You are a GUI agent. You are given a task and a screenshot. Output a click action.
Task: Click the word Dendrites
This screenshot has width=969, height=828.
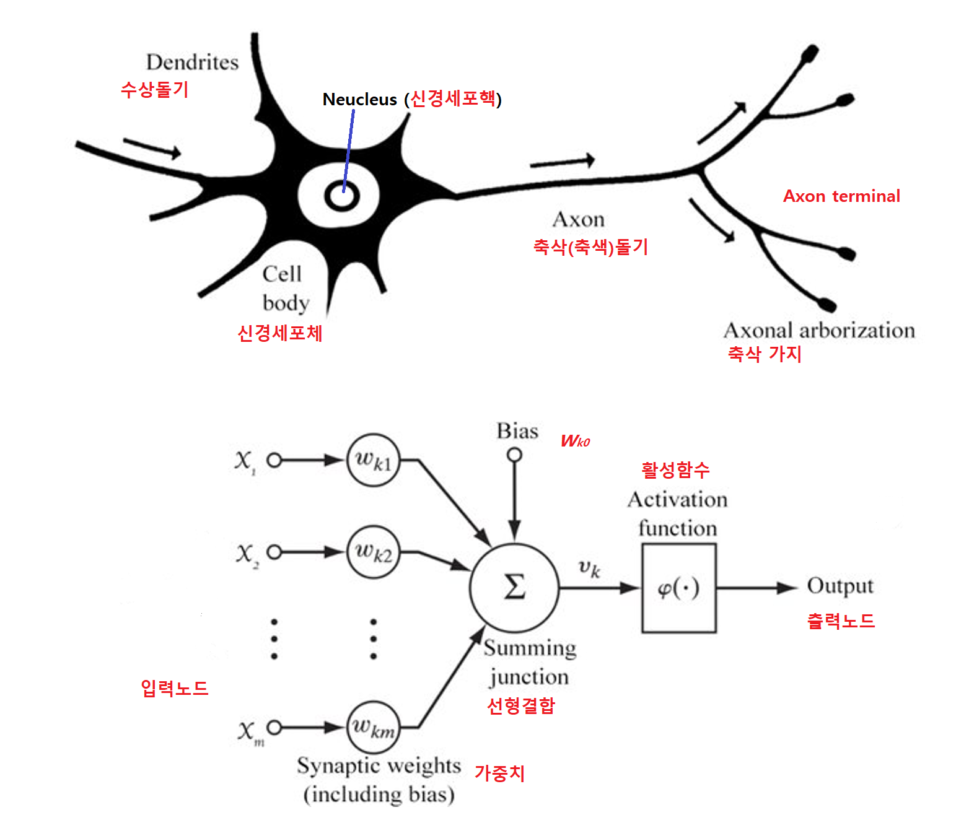192,62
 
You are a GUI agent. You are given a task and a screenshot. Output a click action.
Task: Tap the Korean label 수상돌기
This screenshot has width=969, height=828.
155,90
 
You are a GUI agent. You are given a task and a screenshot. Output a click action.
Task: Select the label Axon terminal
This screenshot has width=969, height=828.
841,196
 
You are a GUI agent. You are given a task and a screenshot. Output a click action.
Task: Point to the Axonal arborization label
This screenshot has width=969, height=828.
819,330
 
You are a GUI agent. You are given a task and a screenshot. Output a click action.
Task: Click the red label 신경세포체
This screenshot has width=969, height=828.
280,333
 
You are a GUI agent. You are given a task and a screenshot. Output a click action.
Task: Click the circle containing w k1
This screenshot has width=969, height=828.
373,460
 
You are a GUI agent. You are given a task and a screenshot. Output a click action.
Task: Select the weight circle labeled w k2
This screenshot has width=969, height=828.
373,552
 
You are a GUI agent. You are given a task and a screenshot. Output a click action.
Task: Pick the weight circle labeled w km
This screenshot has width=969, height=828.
373,728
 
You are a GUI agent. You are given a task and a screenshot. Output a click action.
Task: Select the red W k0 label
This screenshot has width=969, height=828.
575,441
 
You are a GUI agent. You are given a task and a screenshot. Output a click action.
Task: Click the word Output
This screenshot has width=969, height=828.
840,586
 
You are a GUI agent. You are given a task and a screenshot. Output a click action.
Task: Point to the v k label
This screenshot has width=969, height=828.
589,569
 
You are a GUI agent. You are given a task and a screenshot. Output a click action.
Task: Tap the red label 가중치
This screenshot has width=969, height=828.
500,773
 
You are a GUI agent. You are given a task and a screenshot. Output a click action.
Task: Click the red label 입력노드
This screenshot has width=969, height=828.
174,689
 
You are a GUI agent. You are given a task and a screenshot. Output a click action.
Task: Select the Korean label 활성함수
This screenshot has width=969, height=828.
675,470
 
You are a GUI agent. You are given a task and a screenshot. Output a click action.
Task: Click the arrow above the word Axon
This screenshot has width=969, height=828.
563,162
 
